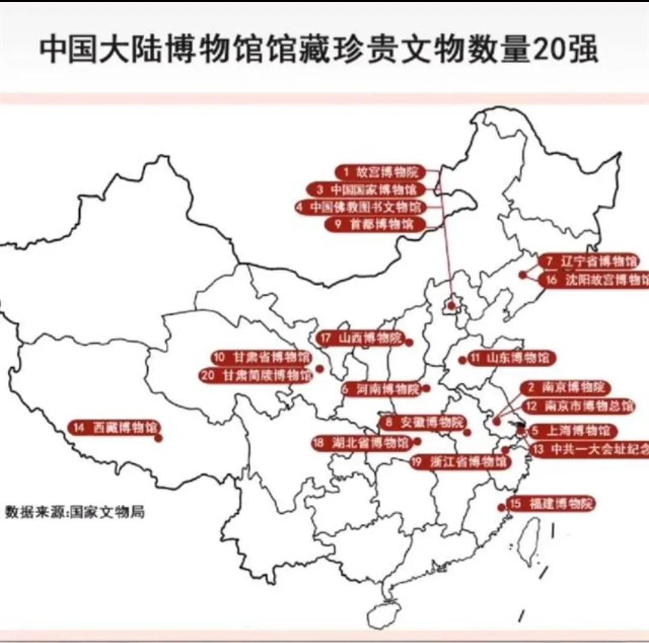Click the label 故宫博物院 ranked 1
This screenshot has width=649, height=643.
[x=380, y=172]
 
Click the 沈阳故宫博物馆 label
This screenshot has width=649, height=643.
[x=595, y=280]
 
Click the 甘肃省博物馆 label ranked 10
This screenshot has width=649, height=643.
[x=262, y=358]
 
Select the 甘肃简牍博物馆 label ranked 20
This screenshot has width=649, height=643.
[x=257, y=376]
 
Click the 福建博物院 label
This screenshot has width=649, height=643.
[x=551, y=504]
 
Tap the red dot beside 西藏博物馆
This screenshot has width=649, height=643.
[x=159, y=438]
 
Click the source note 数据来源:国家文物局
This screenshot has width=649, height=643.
[x=75, y=513]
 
